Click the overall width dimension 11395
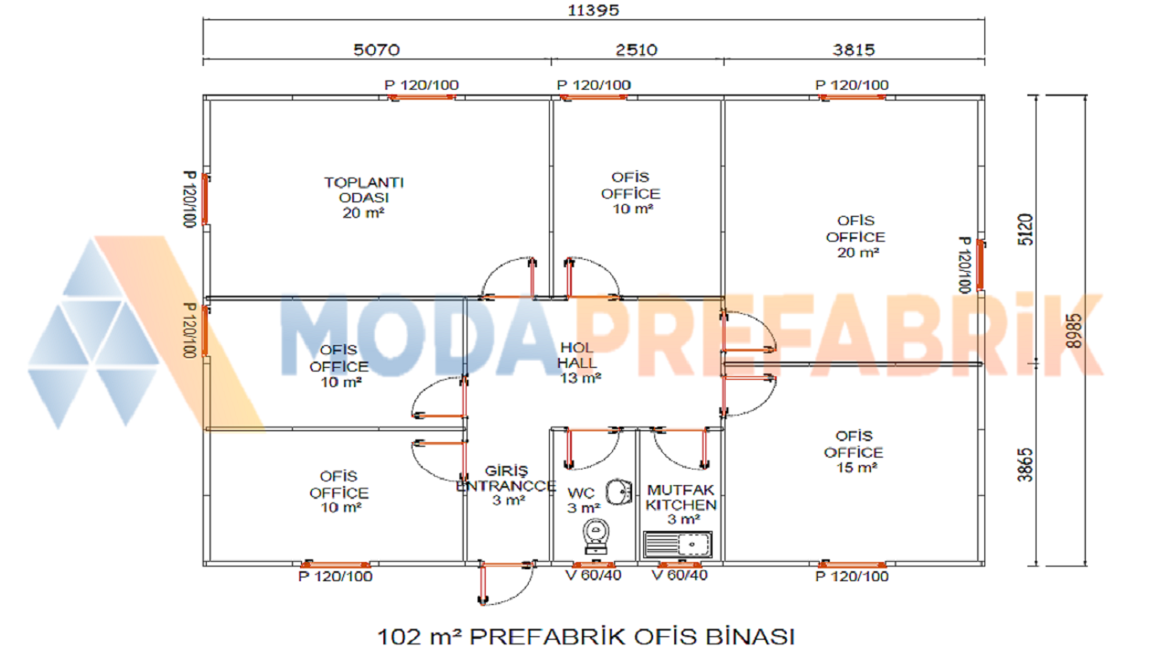594,10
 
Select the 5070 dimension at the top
376,49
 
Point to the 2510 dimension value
636,49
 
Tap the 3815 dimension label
854,49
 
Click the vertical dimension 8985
1073,330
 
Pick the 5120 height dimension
1026,229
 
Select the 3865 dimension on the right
1026,464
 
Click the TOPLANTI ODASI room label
364,197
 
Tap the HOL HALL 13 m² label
578,362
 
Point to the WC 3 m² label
583,501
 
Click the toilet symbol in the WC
596,536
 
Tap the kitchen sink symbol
678,545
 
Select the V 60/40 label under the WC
594,576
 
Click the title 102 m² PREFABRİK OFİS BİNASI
586,637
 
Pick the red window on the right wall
980,265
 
